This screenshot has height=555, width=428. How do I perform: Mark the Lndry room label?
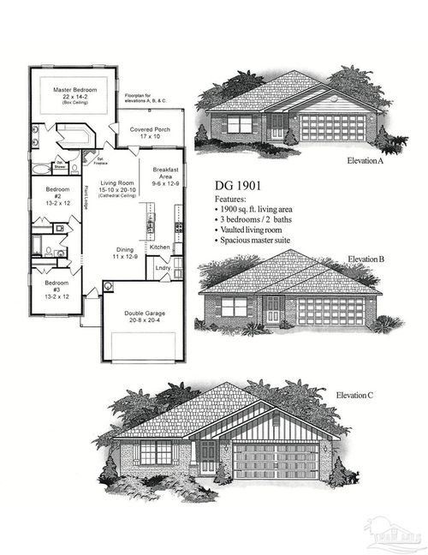163,268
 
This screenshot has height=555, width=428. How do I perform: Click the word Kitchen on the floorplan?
160,247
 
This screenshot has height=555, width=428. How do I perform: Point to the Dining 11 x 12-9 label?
125,254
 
